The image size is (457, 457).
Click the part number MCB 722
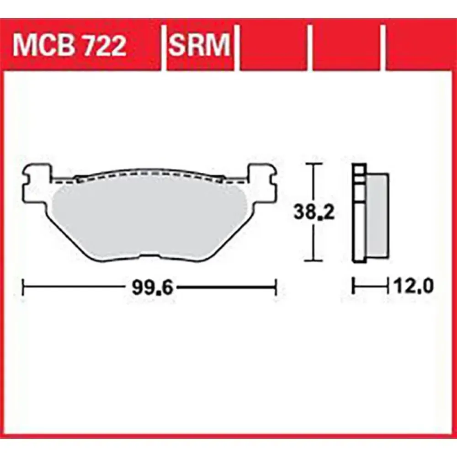(69, 45)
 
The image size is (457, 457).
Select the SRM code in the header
(199, 45)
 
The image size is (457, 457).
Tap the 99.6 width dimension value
(153, 288)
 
